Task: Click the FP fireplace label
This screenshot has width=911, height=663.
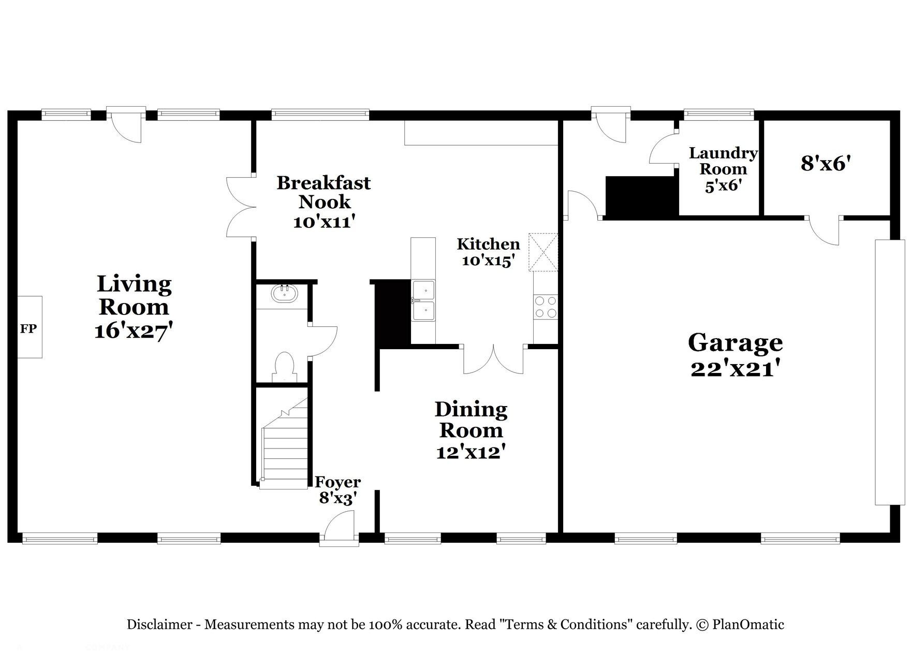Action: click(x=28, y=328)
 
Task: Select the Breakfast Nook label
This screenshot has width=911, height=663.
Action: click(x=324, y=192)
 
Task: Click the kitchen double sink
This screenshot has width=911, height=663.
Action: click(x=423, y=300)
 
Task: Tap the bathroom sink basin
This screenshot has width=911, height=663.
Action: click(x=285, y=294)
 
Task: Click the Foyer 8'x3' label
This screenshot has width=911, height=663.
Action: click(x=338, y=490)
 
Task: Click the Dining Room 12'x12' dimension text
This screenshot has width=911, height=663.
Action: click(x=471, y=452)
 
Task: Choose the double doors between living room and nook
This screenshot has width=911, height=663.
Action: click(x=241, y=207)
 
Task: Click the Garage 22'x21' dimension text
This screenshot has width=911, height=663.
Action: click(x=735, y=369)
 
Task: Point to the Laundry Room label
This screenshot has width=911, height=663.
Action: click(x=723, y=161)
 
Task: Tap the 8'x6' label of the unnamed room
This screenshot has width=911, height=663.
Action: click(x=826, y=164)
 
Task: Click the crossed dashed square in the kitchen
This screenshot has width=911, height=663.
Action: click(x=543, y=252)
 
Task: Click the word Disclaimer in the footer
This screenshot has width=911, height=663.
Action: click(x=159, y=625)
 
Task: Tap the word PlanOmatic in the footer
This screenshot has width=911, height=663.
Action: click(x=748, y=625)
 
